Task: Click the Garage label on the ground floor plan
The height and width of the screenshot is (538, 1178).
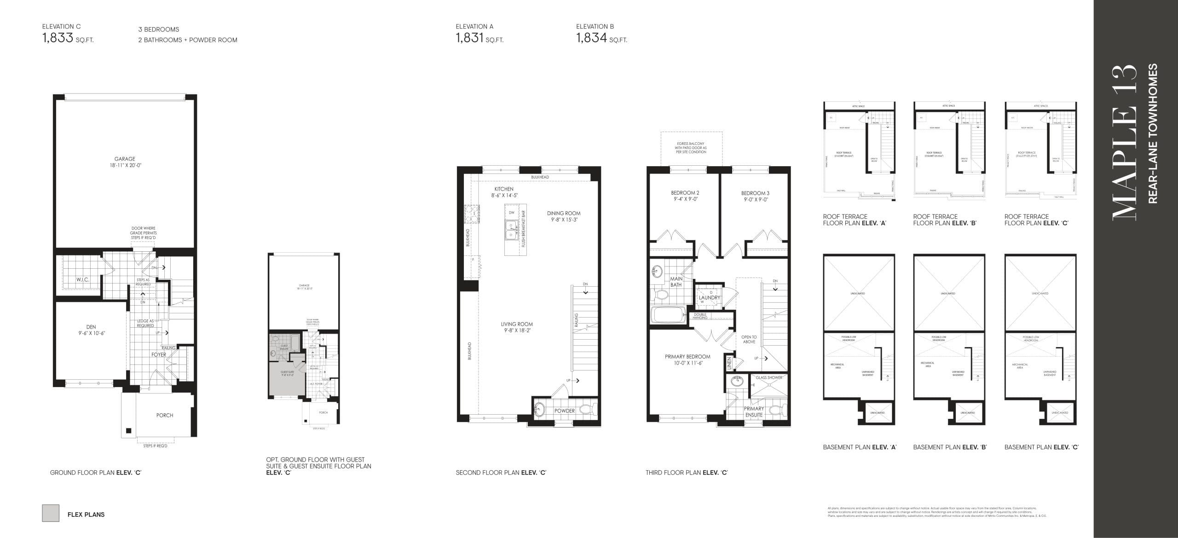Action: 125,159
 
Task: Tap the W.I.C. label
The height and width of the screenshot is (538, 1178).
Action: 83,280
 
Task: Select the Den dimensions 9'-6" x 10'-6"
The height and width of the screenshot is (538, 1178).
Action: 91,333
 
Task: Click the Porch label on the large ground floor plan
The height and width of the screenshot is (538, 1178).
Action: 165,415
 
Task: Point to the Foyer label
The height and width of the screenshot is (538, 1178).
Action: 159,355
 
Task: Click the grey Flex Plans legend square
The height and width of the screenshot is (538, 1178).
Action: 51,513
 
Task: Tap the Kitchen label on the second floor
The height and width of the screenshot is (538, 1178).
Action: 504,189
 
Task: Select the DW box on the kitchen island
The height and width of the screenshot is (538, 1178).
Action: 511,213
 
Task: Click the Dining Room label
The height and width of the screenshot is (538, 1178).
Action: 564,213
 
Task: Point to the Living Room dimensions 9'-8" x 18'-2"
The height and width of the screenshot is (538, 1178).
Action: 517,330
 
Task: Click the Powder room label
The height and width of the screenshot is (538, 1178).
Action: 564,411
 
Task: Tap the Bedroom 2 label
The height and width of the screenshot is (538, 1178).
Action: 685,193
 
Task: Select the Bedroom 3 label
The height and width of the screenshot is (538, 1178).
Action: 755,193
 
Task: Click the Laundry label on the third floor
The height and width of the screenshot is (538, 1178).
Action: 709,298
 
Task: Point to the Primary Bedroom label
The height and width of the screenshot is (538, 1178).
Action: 687,357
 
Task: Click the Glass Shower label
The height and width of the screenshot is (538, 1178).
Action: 769,378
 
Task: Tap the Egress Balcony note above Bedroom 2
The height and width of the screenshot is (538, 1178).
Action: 691,148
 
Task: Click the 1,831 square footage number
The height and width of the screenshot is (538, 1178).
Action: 469,38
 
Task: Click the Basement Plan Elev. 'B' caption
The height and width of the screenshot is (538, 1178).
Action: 950,447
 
